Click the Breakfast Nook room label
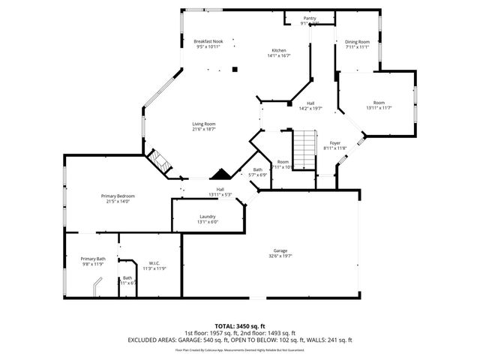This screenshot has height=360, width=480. click(x=208, y=41)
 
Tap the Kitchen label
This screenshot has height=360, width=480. click(x=280, y=49)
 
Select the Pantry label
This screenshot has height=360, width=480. click(x=310, y=18)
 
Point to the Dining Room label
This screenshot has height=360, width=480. click(x=357, y=42)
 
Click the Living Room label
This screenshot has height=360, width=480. click(x=204, y=124)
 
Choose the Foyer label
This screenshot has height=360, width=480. click(x=335, y=142)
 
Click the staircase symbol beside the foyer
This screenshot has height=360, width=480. click(x=303, y=150)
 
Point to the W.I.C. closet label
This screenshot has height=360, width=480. click(x=154, y=263)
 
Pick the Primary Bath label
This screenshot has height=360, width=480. click(x=94, y=259)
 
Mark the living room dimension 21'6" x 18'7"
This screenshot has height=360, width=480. click(x=204, y=129)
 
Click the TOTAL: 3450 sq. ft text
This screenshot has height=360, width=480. click(x=239, y=326)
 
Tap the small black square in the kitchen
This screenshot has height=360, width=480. click(x=235, y=69)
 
